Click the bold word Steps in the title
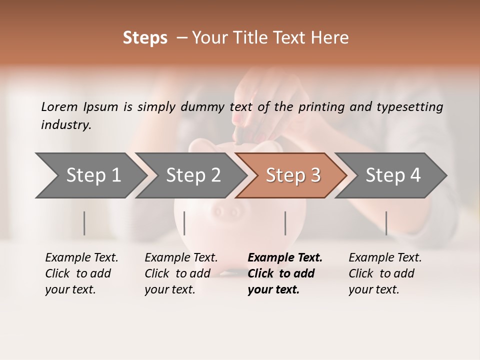145,38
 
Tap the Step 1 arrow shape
90,175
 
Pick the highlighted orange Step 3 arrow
291,175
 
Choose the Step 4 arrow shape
391,175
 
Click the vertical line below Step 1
84,223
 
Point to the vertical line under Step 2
184,223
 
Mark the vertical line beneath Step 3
285,223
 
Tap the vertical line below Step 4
386,223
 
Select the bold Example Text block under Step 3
284,273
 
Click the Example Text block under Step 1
81,273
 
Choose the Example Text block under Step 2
181,273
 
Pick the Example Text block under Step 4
385,273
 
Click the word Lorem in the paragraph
59,106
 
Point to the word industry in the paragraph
66,124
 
